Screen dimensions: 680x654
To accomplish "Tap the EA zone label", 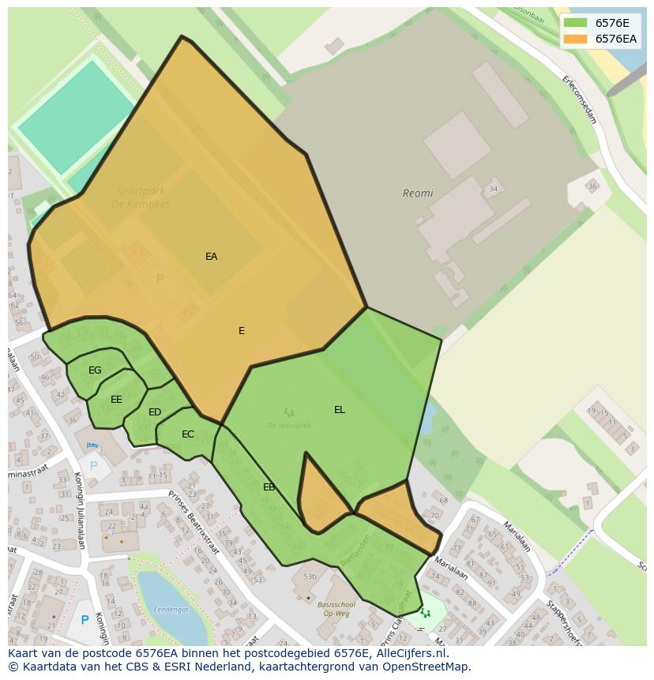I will [211, 257].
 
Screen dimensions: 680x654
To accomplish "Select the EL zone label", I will [340, 410].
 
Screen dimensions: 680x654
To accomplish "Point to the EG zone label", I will [95, 370].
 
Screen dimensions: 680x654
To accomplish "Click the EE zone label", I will [116, 400].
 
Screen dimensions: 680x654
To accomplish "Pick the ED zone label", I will [155, 412].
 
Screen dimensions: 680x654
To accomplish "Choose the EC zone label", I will [187, 434].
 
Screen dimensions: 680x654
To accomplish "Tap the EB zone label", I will [269, 487].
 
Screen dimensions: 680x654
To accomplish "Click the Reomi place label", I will [418, 193].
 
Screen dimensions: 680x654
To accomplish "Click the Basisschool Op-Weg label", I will [336, 610].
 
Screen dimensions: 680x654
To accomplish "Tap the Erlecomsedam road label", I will [579, 100].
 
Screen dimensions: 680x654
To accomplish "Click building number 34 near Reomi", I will [493, 189].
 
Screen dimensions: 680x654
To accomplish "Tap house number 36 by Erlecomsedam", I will [592, 186].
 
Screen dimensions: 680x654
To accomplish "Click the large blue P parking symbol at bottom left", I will [85, 620].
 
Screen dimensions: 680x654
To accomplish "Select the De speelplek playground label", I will [288, 425].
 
